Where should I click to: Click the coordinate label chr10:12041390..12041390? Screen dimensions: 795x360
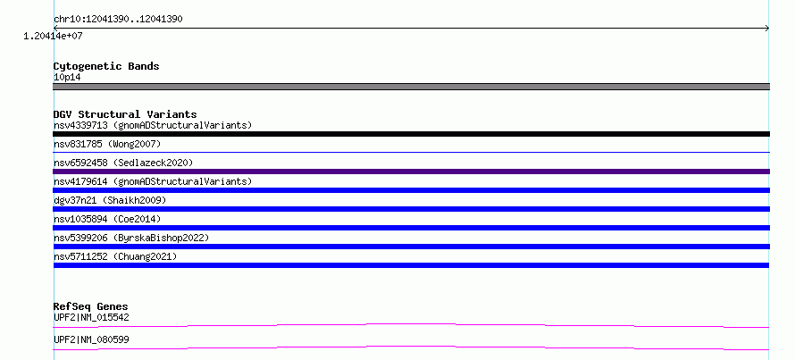118,20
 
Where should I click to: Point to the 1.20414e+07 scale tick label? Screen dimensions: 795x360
53,36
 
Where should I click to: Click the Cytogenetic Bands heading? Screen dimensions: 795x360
106,66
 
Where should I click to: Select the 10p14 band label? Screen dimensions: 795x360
67,78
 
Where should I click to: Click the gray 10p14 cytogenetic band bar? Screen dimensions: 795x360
411,87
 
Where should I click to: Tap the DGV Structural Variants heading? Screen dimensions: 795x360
125,114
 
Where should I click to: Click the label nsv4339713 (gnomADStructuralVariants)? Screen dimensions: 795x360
153,125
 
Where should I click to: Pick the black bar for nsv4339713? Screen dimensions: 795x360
411,134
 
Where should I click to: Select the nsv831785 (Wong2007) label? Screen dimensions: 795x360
107,144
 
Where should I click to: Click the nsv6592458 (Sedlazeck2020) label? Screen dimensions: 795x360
123,163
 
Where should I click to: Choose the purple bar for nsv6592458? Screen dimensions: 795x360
411,172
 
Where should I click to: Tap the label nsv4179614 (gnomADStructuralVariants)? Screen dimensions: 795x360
153,181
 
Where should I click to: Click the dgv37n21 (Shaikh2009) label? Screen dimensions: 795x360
110,200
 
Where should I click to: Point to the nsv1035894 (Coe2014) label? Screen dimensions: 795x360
107,219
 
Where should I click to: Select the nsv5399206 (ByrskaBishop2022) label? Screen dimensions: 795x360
131,238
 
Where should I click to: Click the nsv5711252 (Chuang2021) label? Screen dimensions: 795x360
115,256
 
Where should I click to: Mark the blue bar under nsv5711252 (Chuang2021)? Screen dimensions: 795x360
411,265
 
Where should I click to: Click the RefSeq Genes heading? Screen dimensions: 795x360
91,306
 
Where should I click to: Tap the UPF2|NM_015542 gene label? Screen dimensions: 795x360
91,318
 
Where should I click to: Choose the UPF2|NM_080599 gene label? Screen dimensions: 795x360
91,339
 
